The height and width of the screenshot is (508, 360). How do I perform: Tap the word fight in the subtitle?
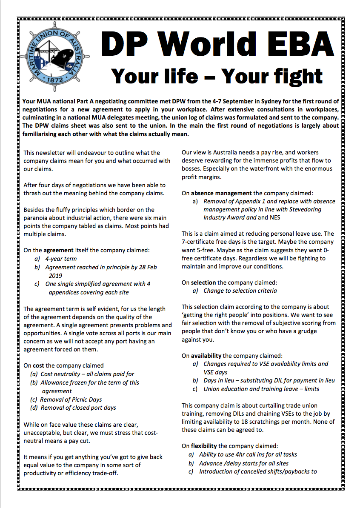point(294,76)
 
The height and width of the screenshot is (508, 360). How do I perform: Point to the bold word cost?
point(38,365)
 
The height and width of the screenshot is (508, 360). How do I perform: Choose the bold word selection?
point(203,283)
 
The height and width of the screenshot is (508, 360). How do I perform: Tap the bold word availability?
point(206,356)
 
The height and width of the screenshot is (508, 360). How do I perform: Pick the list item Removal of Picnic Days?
point(71,400)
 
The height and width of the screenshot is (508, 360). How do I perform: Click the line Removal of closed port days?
point(78,408)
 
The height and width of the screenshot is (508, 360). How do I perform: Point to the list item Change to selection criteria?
point(240,291)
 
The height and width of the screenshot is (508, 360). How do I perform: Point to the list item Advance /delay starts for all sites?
point(246,463)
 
